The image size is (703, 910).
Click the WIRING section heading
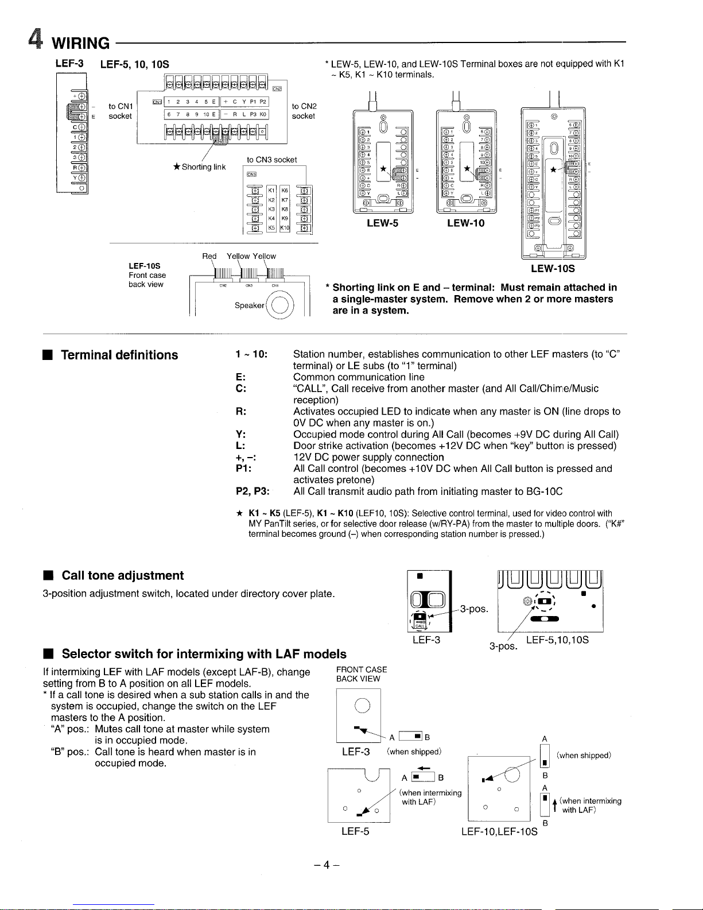(80, 43)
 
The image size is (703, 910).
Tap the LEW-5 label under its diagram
(382, 223)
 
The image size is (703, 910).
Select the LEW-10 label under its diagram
(465, 223)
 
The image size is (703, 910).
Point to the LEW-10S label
(553, 268)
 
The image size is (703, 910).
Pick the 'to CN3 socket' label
(271, 160)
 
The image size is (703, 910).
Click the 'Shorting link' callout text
(203, 167)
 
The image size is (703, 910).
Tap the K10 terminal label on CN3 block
(285, 228)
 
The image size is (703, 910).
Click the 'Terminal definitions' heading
(119, 355)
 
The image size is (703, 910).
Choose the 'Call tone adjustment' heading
(122, 575)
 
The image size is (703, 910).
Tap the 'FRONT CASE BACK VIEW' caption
(362, 674)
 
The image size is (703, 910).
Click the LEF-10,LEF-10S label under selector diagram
(499, 831)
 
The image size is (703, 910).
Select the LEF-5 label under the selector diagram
(355, 831)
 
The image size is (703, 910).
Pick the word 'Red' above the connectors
(209, 256)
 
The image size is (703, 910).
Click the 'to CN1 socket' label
(121, 111)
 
